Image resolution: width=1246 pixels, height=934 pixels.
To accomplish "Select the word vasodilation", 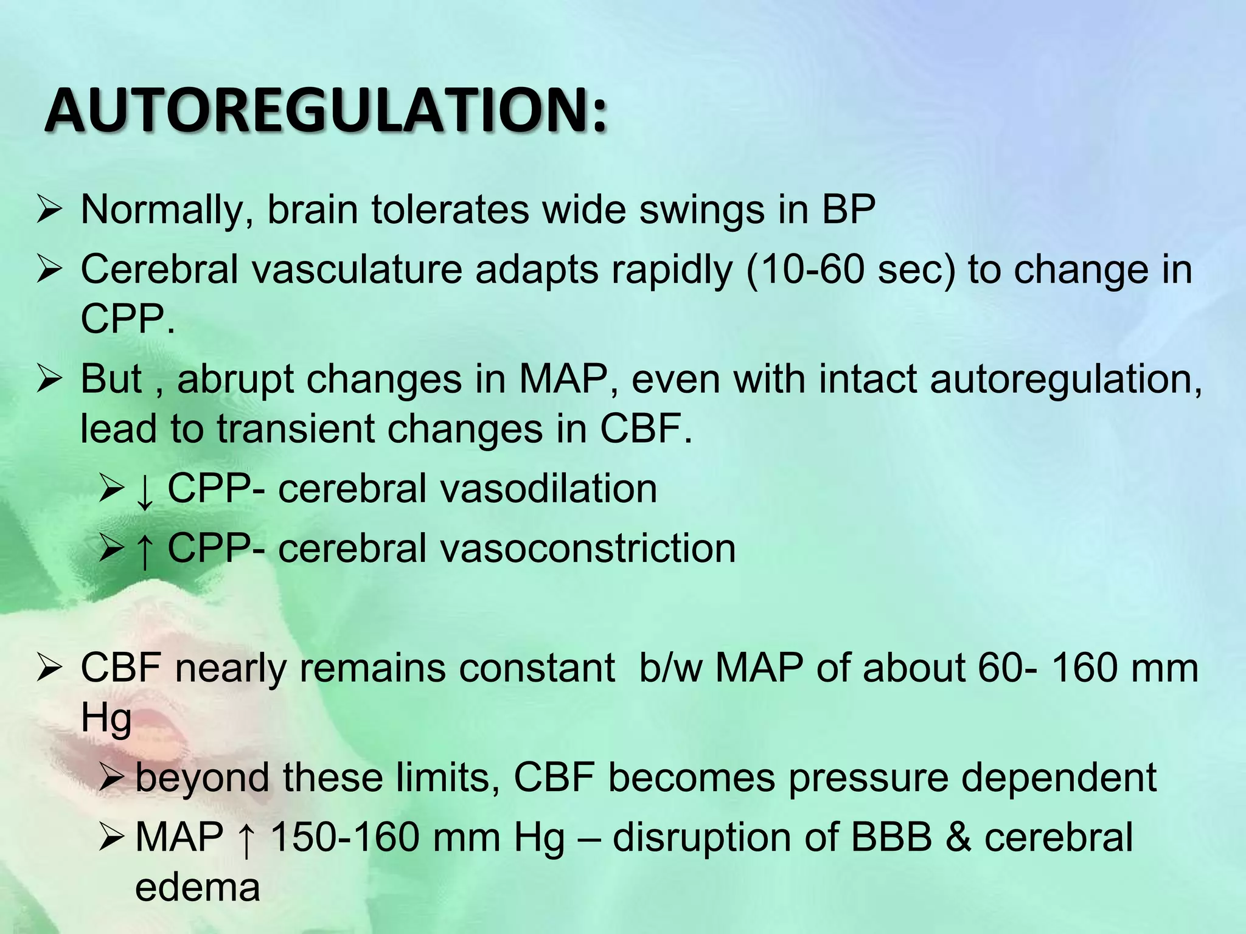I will [x=549, y=489].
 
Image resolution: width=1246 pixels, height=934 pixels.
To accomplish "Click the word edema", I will [x=197, y=887].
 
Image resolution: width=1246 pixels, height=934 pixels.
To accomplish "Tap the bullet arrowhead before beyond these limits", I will [x=112, y=777].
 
